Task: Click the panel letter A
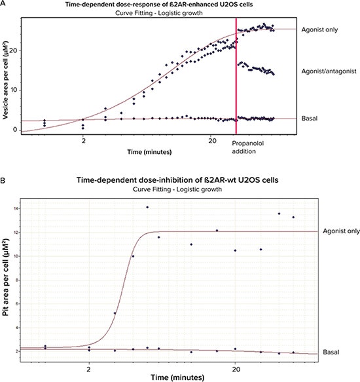(4, 5)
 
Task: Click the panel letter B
(4, 173)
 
